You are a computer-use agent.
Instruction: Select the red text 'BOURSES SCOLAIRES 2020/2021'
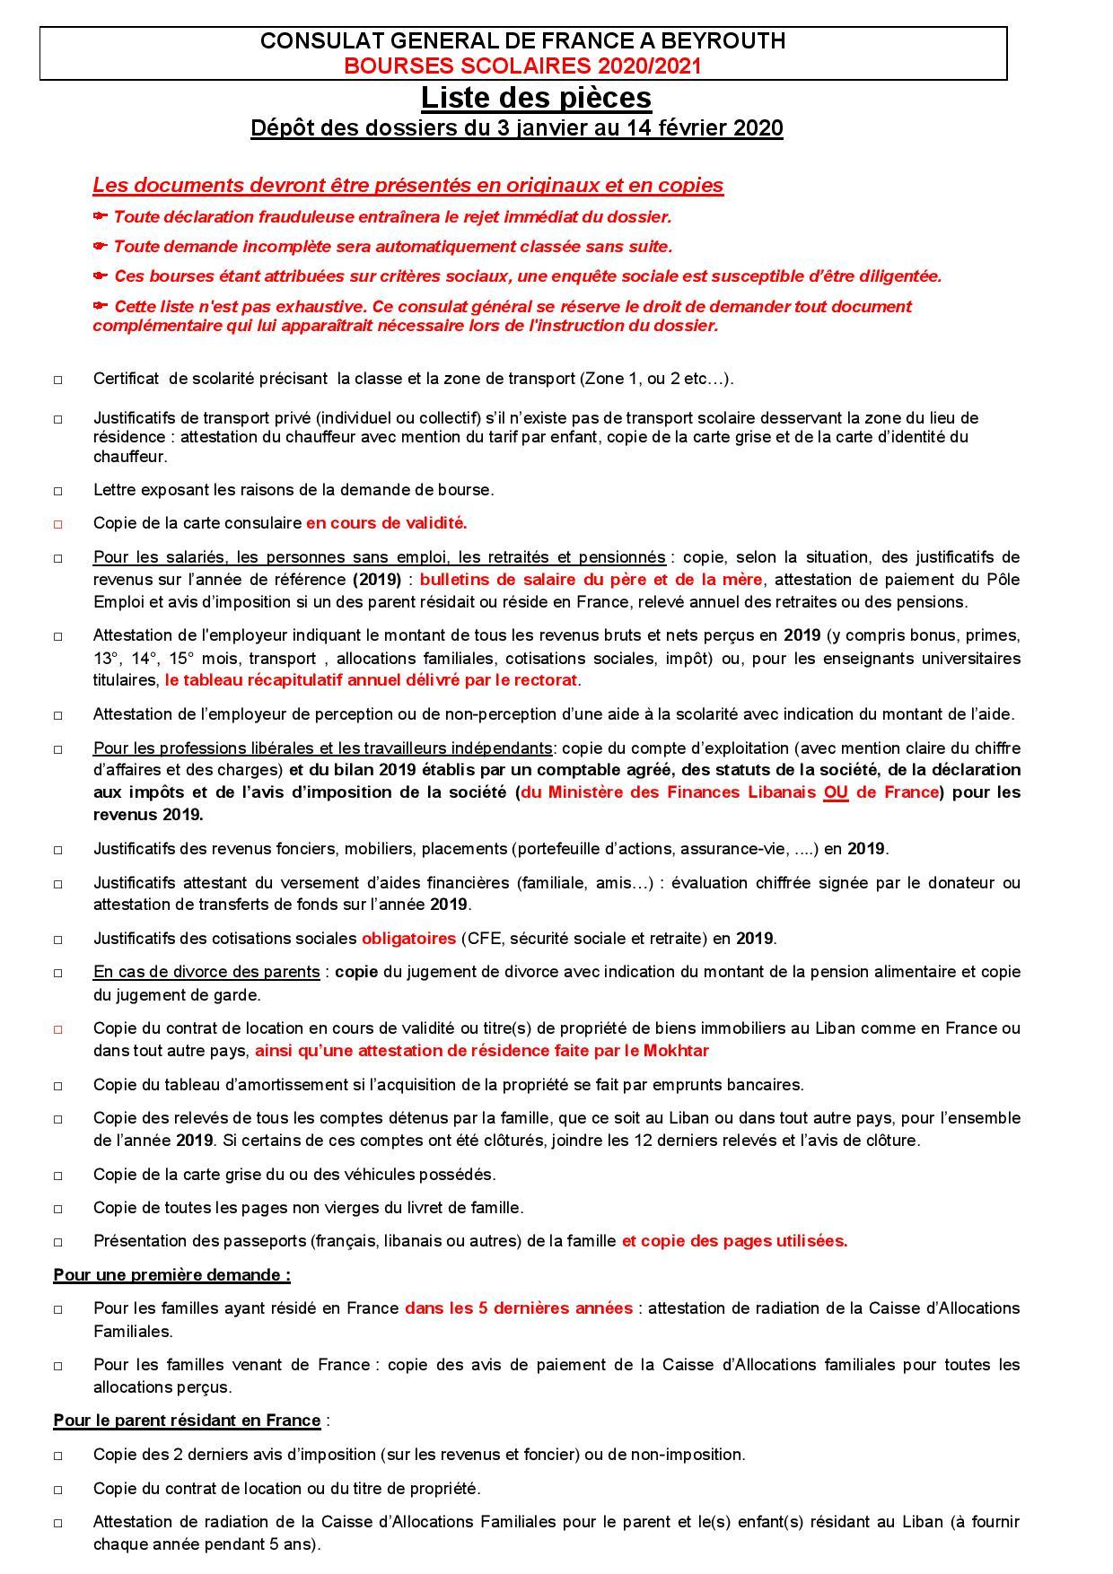pyautogui.click(x=523, y=66)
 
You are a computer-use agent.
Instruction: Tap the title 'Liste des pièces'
pyautogui.click(x=536, y=97)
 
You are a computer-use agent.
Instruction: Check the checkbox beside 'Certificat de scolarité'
pyautogui.click(x=57, y=380)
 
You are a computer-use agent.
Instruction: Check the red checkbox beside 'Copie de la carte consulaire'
pyautogui.click(x=57, y=524)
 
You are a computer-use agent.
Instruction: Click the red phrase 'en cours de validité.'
pyautogui.click(x=386, y=523)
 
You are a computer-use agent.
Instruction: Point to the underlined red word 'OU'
pyautogui.click(x=835, y=792)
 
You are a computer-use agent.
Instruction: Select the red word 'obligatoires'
pyautogui.click(x=408, y=939)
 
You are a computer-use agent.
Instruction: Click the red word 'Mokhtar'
pyautogui.click(x=677, y=1051)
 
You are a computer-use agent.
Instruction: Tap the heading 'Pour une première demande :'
pyautogui.click(x=171, y=1275)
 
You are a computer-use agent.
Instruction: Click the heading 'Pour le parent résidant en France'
pyautogui.click(x=187, y=1421)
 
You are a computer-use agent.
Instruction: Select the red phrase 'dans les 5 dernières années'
pyautogui.click(x=518, y=1308)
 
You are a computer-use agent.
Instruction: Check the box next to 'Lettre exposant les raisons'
pyautogui.click(x=57, y=492)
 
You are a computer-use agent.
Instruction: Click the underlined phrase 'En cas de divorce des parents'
pyautogui.click(x=206, y=972)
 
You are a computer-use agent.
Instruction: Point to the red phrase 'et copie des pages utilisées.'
pyautogui.click(x=734, y=1241)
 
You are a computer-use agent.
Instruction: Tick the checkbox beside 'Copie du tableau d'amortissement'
pyautogui.click(x=57, y=1086)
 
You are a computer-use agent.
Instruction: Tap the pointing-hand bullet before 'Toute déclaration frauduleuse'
pyautogui.click(x=101, y=216)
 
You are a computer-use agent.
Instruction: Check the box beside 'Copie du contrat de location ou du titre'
pyautogui.click(x=57, y=1490)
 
